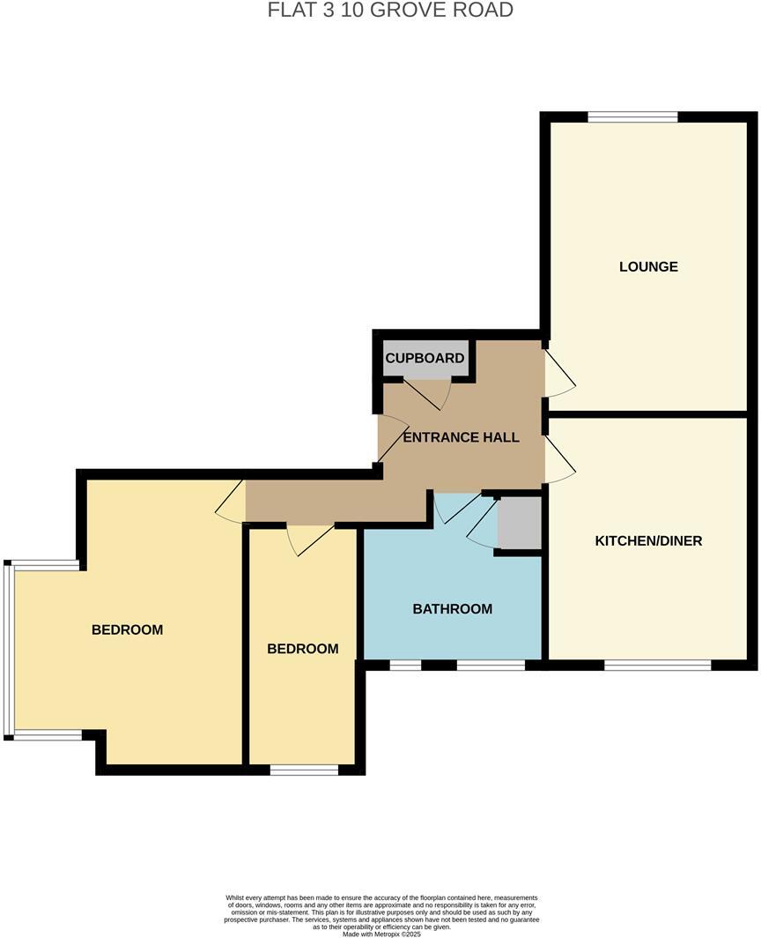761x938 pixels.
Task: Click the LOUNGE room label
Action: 648,266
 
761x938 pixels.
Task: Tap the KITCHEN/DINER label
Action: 648,540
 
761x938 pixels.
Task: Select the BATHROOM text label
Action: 452,608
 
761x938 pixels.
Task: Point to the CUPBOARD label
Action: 425,358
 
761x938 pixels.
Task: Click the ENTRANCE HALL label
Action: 461,437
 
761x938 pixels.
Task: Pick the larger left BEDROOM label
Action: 128,629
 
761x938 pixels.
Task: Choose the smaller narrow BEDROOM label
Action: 302,649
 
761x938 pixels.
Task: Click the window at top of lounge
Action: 632,116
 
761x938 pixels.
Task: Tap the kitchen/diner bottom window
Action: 657,665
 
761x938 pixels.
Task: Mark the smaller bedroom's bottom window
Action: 304,770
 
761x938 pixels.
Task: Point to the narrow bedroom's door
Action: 310,539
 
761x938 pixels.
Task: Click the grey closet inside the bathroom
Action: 518,523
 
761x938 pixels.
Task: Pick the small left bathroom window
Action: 405,666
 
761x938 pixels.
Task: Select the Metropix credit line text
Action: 380,934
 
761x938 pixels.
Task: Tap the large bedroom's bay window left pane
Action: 8,650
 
